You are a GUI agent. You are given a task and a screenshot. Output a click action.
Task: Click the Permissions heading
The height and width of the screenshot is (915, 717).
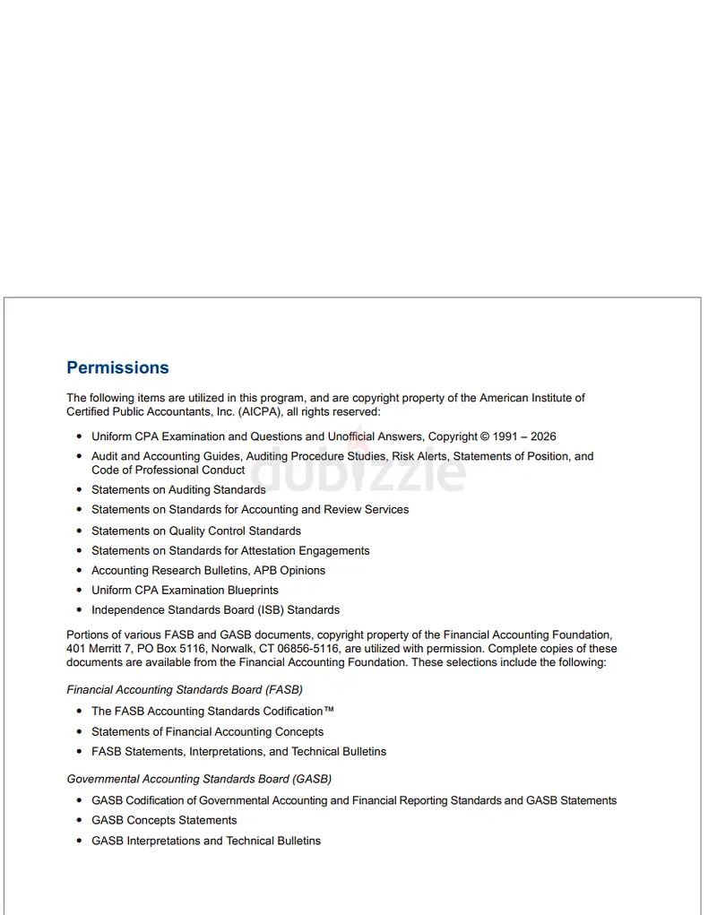pyautogui.click(x=117, y=367)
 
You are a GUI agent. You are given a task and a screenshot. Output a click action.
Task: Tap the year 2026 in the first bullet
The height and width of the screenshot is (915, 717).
pyautogui.click(x=542, y=436)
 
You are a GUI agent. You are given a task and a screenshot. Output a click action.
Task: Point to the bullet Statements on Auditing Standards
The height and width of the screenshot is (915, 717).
pyautogui.click(x=178, y=489)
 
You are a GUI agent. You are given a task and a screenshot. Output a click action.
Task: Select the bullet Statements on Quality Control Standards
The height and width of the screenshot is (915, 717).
pyautogui.click(x=196, y=531)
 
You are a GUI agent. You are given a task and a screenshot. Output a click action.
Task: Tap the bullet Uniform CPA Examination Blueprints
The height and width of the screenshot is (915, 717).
pyautogui.click(x=185, y=590)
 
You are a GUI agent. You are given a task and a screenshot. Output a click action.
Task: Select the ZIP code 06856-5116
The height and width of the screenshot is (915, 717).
pyautogui.click(x=301, y=648)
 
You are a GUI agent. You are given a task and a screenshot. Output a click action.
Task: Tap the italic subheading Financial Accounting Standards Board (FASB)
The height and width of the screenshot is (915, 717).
pyautogui.click(x=185, y=690)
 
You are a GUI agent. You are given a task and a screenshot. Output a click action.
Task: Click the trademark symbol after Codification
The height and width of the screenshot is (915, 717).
pyautogui.click(x=329, y=711)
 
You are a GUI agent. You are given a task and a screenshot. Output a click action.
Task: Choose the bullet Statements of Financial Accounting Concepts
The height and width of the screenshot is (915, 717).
pyautogui.click(x=207, y=731)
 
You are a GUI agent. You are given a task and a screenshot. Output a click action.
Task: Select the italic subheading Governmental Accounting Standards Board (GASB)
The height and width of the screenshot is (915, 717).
pyautogui.click(x=199, y=779)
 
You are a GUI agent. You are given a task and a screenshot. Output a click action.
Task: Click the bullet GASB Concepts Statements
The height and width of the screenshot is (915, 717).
pyautogui.click(x=164, y=820)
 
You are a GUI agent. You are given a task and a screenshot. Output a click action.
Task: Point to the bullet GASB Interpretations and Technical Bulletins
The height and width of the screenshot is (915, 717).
pyautogui.click(x=206, y=841)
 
